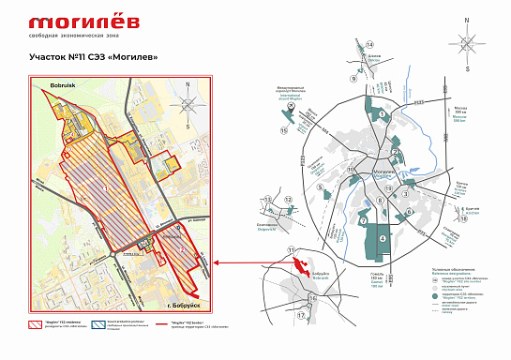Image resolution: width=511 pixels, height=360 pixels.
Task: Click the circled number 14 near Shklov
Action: pyautogui.click(x=369, y=45)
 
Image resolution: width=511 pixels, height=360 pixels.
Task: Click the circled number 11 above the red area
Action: pyautogui.click(x=292, y=249)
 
